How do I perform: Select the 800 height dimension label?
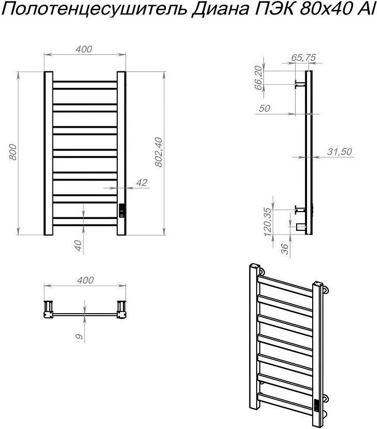pos(13,152)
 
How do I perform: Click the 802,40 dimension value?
pos(159,152)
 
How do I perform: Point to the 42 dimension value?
pos(142,183)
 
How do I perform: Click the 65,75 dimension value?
pos(303,57)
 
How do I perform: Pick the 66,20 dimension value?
pos(258,78)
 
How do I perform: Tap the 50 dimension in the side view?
pos(264,108)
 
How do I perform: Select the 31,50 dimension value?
pos(339,152)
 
